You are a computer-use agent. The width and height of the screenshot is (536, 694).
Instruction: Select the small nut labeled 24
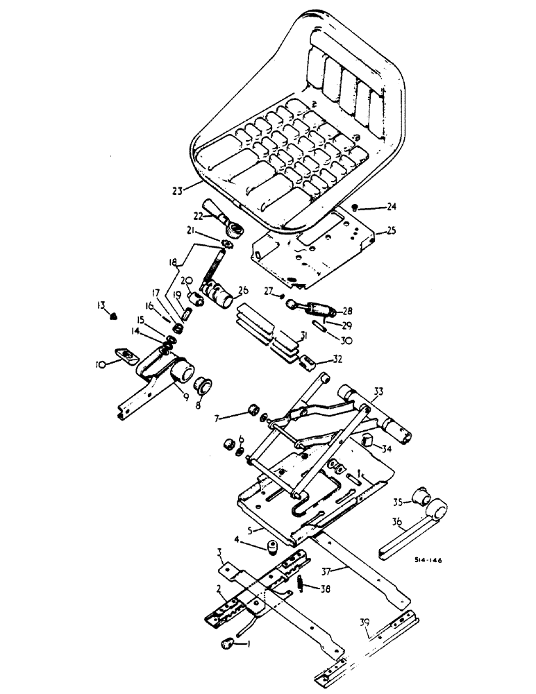pos(355,207)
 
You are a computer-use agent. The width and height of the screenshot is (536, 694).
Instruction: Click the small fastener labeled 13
pos(114,316)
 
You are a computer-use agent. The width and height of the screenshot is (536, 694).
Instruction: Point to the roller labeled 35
pos(419,496)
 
